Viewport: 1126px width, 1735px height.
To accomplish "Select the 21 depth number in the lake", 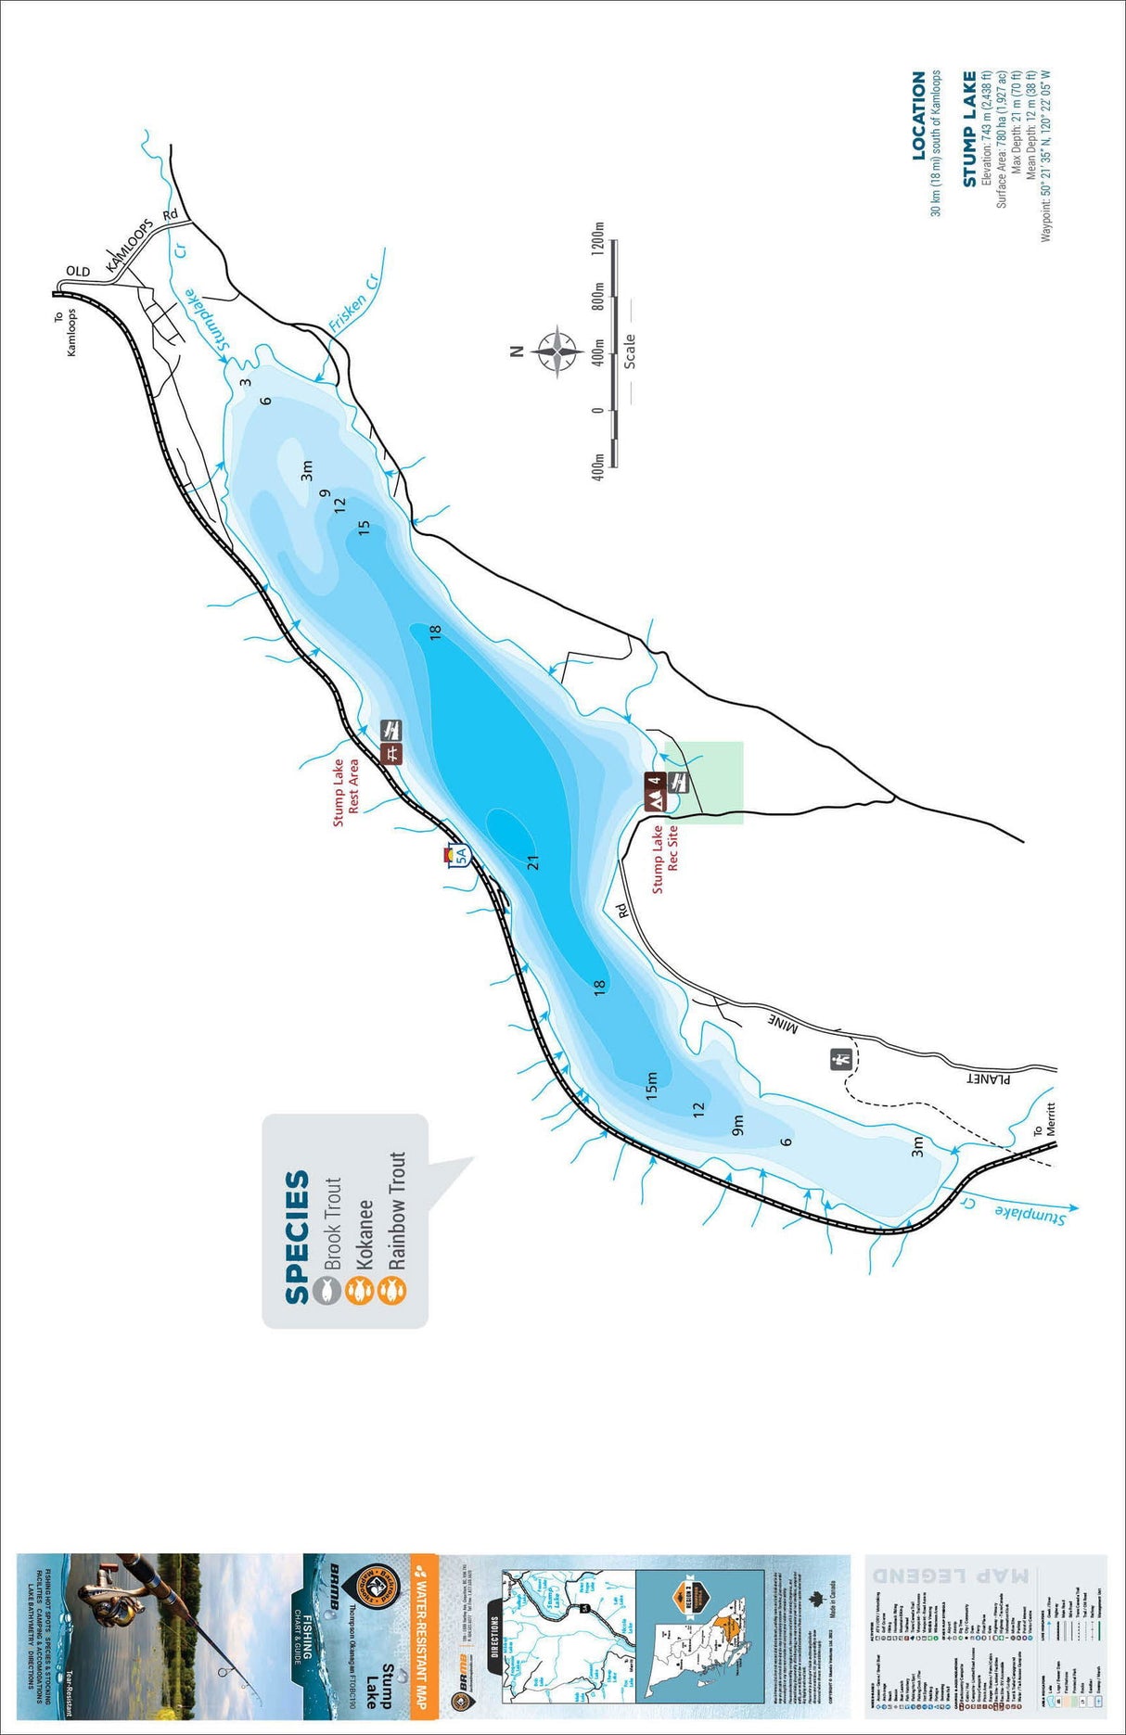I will [x=532, y=862].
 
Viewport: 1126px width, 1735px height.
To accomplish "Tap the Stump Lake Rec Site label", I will [x=665, y=859].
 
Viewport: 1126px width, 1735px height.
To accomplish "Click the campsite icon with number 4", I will [x=655, y=790].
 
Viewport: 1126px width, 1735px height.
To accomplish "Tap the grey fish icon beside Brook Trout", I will [x=325, y=1290].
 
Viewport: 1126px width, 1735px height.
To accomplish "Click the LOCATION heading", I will [x=918, y=116].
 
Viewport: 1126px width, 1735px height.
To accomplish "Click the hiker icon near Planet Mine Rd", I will [x=841, y=1059].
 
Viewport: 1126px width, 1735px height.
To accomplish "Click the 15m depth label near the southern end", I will [x=651, y=1085].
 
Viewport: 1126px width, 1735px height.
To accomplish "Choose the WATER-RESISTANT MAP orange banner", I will [x=423, y=1632].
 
